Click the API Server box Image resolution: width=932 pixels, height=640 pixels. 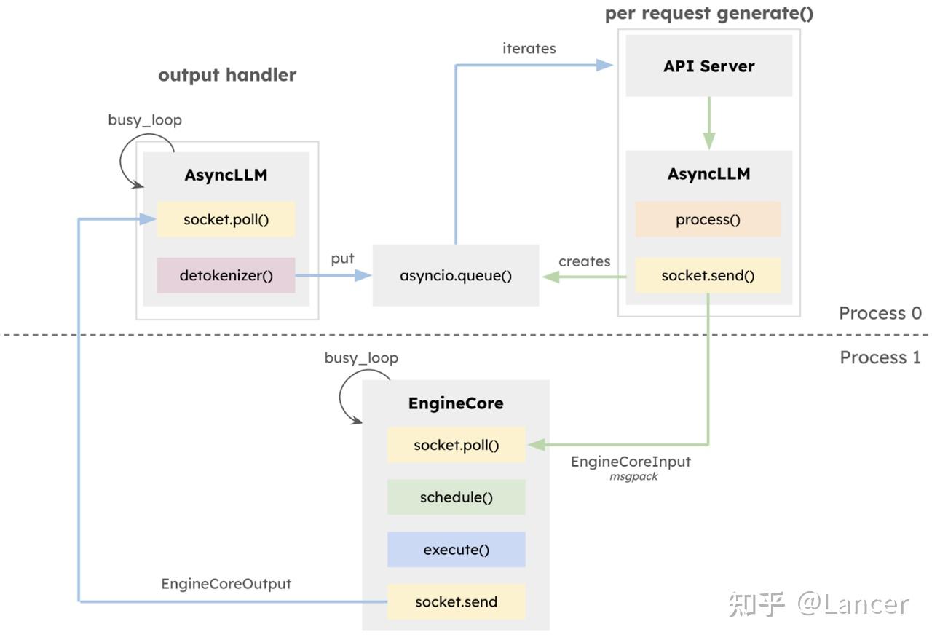point(708,66)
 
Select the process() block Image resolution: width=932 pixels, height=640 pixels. point(708,219)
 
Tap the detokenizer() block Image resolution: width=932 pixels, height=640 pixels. point(226,276)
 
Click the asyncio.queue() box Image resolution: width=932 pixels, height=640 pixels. point(456,276)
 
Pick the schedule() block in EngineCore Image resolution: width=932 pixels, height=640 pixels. point(456,497)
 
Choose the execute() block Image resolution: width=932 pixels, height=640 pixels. point(456,550)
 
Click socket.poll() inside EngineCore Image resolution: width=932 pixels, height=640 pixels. point(456,445)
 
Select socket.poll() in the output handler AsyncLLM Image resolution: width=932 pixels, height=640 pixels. point(226,219)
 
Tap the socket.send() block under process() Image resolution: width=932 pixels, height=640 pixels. point(708,276)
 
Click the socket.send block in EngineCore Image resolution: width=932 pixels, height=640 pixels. point(456,602)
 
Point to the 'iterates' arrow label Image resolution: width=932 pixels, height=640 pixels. point(529,49)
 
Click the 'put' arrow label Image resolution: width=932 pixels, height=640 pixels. point(342,258)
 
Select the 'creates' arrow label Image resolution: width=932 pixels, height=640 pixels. point(584,261)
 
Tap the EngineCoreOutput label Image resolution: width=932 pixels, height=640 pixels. point(226,584)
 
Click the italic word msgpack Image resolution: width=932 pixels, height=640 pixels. point(633,477)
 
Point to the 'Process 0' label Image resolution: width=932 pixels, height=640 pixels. point(880,313)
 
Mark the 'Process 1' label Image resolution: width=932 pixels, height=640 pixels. point(880,357)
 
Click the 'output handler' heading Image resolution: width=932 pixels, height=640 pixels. point(227,75)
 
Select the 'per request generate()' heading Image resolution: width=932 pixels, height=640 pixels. point(709,13)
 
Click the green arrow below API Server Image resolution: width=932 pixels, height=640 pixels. point(709,123)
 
